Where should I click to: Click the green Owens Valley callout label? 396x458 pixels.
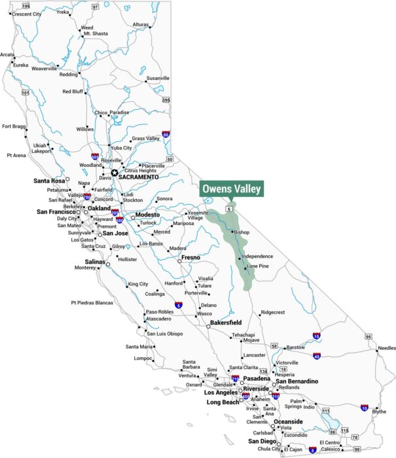pos(232,189)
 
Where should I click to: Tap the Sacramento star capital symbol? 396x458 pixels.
pos(115,173)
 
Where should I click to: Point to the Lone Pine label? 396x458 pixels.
pos(257,267)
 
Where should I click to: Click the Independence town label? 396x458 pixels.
pos(259,256)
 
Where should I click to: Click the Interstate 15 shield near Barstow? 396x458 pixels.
pos(316,336)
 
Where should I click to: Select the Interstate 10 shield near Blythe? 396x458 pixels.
pos(363,408)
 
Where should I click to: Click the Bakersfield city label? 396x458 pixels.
pos(226,323)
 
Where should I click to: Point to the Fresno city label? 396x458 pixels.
pos(190,258)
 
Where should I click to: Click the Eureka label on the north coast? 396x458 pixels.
pos(21,65)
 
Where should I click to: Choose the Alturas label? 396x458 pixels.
pos(141,24)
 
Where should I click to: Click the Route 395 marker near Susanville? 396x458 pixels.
pos(166,100)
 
